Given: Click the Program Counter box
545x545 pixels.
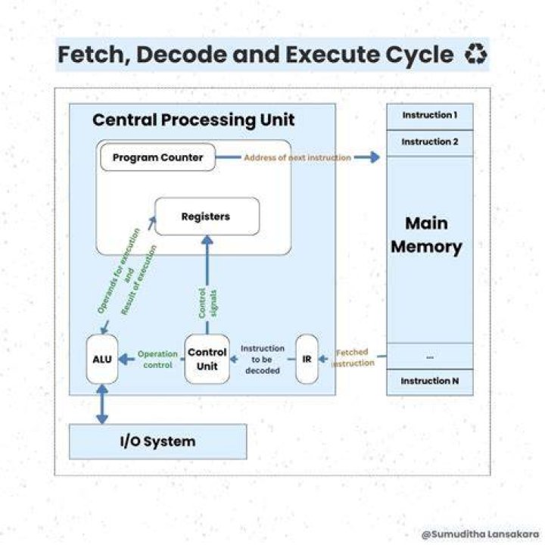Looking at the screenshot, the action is [157, 157].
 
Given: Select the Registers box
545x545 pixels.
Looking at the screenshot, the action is [207, 216].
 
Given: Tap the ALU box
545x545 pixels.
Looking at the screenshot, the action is [102, 359].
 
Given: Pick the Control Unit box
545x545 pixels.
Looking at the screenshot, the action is [207, 359].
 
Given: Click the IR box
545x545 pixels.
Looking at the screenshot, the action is [307, 359].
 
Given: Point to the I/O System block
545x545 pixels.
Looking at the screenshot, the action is [158, 442].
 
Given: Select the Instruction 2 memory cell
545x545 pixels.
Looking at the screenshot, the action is [430, 143].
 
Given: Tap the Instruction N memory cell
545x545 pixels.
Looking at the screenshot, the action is [430, 382].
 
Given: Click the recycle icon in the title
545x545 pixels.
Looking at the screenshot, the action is [476, 54].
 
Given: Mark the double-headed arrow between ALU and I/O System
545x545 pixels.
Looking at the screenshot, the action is [102, 404].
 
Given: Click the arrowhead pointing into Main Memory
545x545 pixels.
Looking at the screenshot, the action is [375, 157].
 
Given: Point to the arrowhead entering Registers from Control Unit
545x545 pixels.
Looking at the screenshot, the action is [207, 241].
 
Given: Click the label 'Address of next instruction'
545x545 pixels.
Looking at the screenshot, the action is [297, 157].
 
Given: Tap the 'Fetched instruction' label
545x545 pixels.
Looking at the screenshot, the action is [353, 357].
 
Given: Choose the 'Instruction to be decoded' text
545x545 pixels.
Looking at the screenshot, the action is [263, 360].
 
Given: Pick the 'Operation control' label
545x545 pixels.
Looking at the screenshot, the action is [157, 360].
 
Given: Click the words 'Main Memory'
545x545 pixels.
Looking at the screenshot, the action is [426, 235].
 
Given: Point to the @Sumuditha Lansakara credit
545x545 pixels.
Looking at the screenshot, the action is [481, 534].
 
